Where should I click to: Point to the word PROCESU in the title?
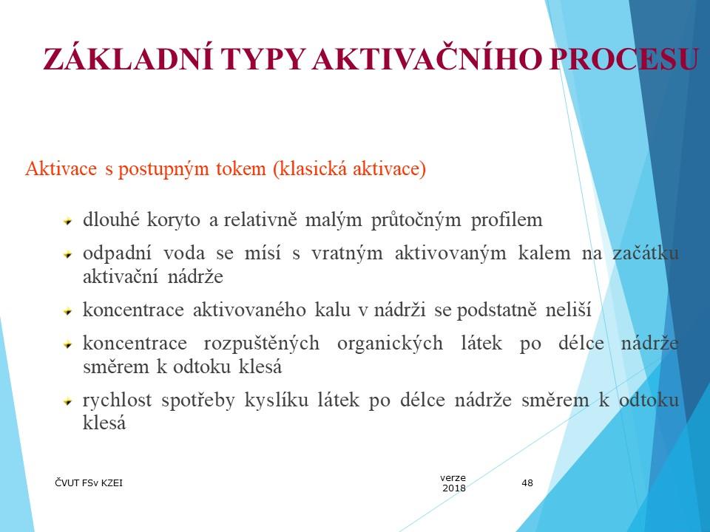coord(624,59)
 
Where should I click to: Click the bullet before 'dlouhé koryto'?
coord(68,222)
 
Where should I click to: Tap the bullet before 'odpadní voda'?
coord(68,255)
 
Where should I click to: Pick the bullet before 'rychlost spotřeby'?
coord(68,401)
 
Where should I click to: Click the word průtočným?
coord(416,220)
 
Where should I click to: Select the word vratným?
coord(347,253)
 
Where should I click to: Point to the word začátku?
coord(646,253)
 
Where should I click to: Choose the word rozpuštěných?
coord(261,344)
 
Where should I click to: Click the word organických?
coord(390,344)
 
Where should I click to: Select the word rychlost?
coord(117,400)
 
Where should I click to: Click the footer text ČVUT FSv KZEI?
coord(89,483)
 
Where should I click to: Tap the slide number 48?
coord(527,483)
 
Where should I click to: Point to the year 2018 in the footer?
coord(454,488)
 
